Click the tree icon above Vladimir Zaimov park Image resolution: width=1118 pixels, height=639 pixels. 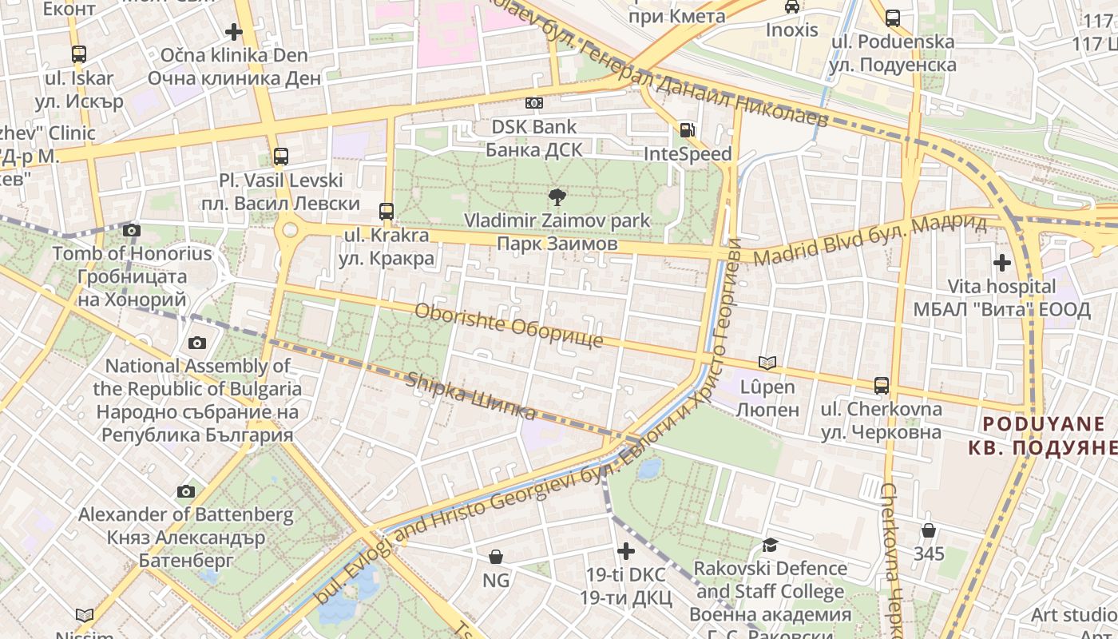coord(557,196)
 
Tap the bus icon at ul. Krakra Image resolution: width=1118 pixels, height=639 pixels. coord(387,212)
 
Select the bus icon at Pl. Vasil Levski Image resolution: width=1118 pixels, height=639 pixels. coord(280,157)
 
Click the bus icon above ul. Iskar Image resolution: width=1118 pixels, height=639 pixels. coord(78,54)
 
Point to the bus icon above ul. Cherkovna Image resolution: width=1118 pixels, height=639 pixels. coord(882,386)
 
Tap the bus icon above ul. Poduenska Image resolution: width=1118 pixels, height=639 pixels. coord(892,18)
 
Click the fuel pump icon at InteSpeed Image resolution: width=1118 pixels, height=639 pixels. coord(687,130)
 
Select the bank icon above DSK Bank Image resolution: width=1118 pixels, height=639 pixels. coord(533,103)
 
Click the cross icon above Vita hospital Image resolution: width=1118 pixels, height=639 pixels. coord(1001,262)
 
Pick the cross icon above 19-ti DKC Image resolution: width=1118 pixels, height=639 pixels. coord(626,551)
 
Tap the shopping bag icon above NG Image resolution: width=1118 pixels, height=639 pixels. coord(496,557)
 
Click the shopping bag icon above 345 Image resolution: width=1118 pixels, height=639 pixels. coord(929,530)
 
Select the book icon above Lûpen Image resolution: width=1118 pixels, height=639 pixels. coord(767,363)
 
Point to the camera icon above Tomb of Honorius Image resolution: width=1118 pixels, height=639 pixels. coord(132,231)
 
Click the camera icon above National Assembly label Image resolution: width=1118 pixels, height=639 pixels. coord(196,343)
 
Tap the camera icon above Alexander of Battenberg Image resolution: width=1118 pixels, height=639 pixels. coord(186,491)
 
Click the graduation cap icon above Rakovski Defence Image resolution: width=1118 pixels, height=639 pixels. coord(770,545)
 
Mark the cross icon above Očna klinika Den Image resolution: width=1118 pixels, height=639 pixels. coord(234,32)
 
